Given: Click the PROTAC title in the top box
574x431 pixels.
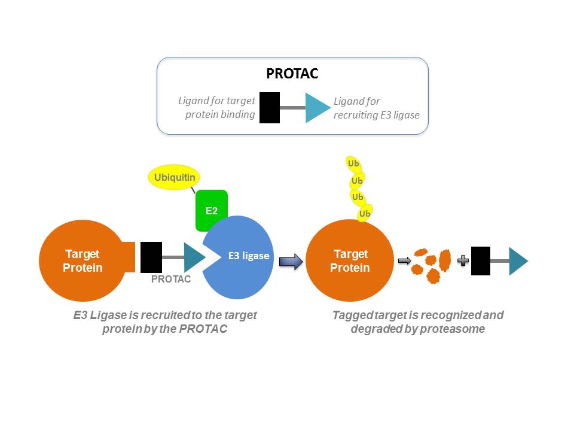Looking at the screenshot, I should point(292,74).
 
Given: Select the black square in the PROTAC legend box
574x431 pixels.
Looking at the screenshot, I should point(270,108).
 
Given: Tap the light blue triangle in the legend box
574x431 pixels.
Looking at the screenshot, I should point(316,108).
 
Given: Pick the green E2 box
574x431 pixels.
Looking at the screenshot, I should point(212,210).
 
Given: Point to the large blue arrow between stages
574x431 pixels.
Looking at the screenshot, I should point(291,262).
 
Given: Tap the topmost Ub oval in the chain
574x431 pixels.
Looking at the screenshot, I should point(353,163).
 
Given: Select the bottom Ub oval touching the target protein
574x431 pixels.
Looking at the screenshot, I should point(364,214).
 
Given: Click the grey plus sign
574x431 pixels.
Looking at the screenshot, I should point(462,261).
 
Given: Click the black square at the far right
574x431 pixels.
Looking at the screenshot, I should point(481,261).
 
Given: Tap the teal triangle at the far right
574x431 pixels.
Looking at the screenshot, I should point(517,261).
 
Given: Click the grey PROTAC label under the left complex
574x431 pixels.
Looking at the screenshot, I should point(171,279).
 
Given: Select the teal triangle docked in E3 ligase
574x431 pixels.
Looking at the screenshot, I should point(194,257).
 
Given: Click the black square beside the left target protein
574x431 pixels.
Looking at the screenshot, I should point(151,257).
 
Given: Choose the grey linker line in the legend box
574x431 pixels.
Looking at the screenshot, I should point(292,108).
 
